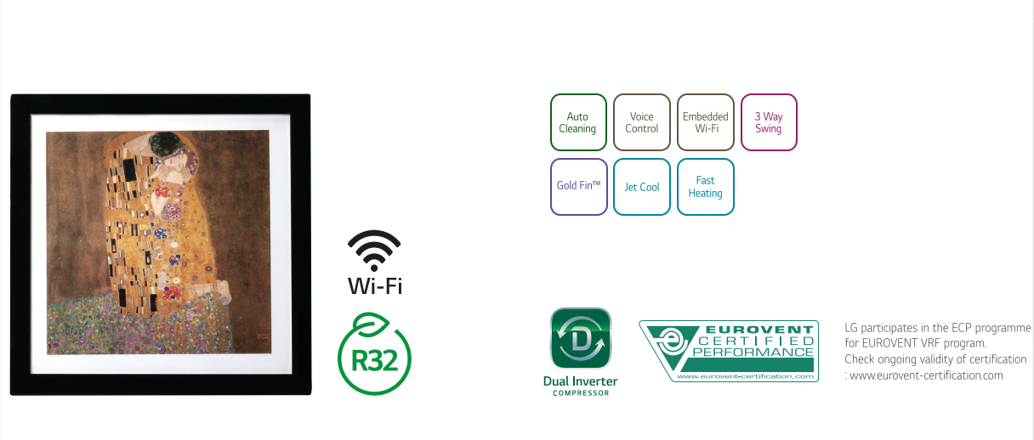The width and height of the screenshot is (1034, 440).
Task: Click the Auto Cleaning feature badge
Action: (578, 122)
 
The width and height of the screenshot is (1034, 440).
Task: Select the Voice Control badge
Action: (642, 122)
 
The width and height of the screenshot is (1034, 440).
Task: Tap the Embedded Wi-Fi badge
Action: (705, 122)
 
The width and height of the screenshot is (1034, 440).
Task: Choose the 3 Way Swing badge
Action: (769, 122)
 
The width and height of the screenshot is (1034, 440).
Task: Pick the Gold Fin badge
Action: (578, 187)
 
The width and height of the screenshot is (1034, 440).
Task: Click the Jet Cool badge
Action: (642, 187)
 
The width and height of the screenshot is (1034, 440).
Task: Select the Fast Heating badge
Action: (705, 187)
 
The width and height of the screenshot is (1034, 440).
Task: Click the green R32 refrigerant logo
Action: (374, 354)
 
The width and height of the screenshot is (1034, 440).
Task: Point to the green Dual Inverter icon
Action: (581, 338)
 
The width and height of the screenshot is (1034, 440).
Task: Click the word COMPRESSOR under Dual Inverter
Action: (581, 393)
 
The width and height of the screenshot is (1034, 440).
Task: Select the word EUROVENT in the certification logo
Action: (759, 330)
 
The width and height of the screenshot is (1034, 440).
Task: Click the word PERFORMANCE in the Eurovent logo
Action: (753, 353)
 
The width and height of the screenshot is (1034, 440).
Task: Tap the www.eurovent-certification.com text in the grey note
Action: (927, 375)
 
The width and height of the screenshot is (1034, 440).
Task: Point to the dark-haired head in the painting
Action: (165, 144)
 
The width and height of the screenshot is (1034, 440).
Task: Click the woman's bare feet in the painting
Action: (216, 291)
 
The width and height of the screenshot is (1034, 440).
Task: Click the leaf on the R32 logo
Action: (371, 323)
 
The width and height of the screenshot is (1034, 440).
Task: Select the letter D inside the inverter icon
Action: (581, 341)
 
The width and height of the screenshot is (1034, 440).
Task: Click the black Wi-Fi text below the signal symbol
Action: (375, 286)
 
